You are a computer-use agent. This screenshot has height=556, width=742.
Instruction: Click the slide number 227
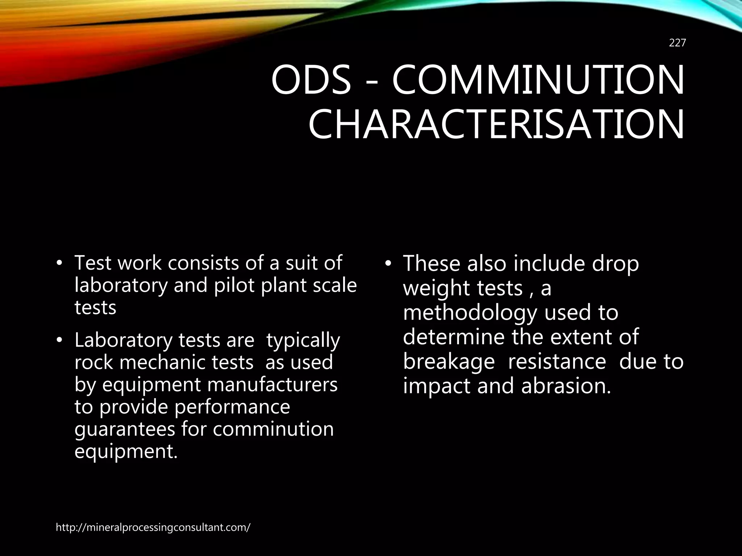(677, 43)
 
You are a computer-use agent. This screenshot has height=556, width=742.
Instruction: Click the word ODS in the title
(311, 80)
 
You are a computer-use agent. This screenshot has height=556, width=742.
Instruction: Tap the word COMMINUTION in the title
(538, 80)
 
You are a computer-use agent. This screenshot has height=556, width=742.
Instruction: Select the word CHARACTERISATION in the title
(496, 125)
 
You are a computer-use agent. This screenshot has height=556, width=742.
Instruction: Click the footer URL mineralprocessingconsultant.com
(153, 527)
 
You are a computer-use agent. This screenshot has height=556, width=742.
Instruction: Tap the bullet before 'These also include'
(388, 264)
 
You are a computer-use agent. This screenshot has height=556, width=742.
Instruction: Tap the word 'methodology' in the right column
(470, 313)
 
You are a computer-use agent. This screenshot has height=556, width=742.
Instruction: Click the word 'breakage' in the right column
(449, 362)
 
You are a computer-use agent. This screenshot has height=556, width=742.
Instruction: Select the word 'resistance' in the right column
(557, 362)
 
